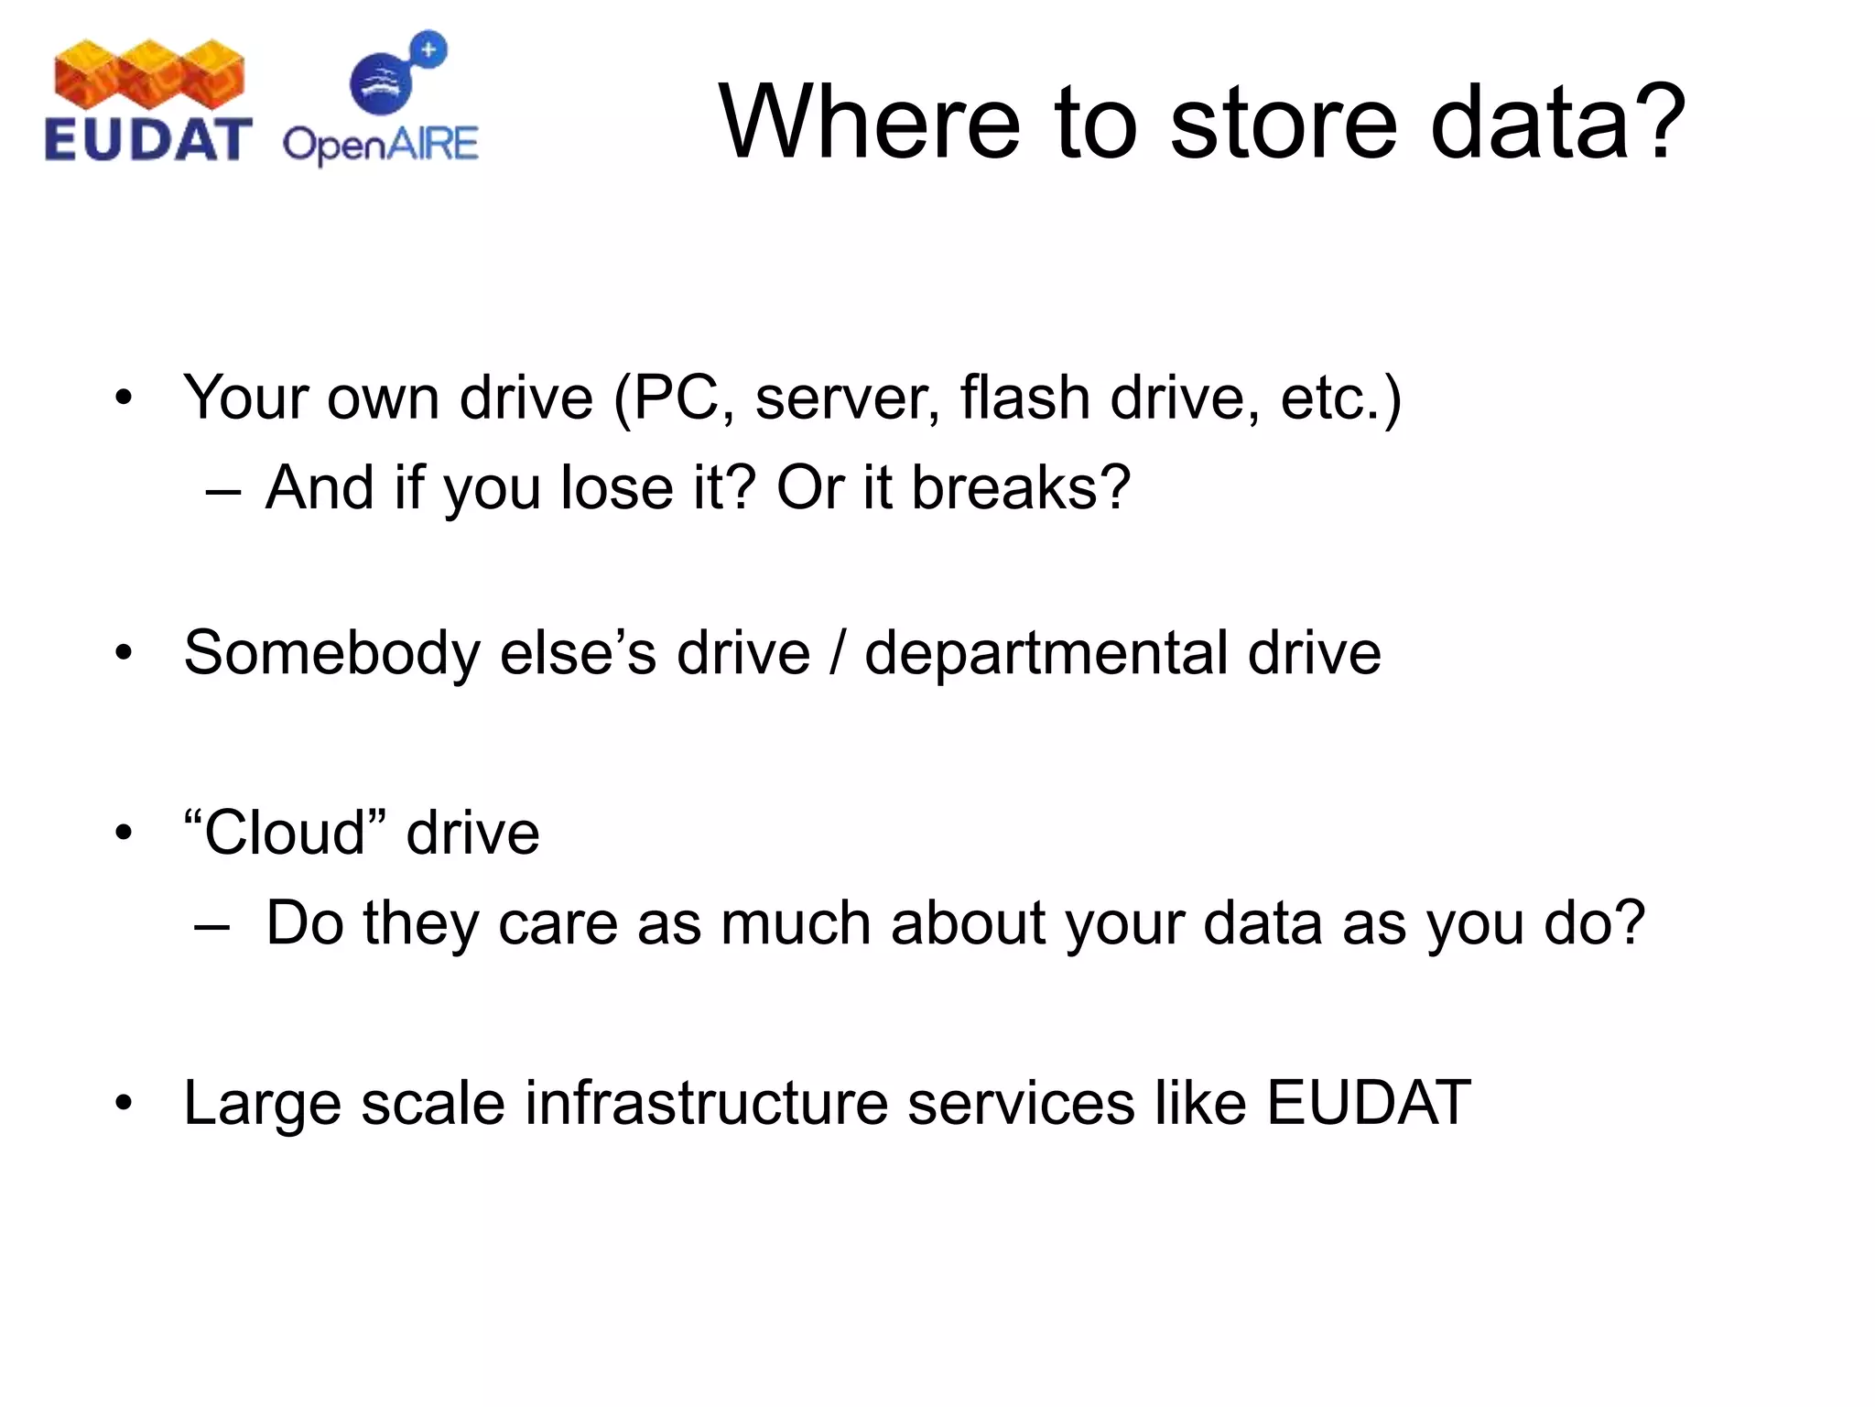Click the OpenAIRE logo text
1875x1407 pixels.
[380, 145]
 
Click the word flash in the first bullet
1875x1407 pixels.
[1024, 398]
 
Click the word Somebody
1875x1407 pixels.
[331, 653]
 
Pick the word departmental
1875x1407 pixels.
[1046, 653]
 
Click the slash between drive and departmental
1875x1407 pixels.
[837, 653]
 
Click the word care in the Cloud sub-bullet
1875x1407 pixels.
[558, 922]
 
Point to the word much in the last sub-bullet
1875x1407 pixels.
[795, 922]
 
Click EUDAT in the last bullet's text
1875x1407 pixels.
[1369, 1102]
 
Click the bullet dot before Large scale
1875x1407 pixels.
[124, 1103]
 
